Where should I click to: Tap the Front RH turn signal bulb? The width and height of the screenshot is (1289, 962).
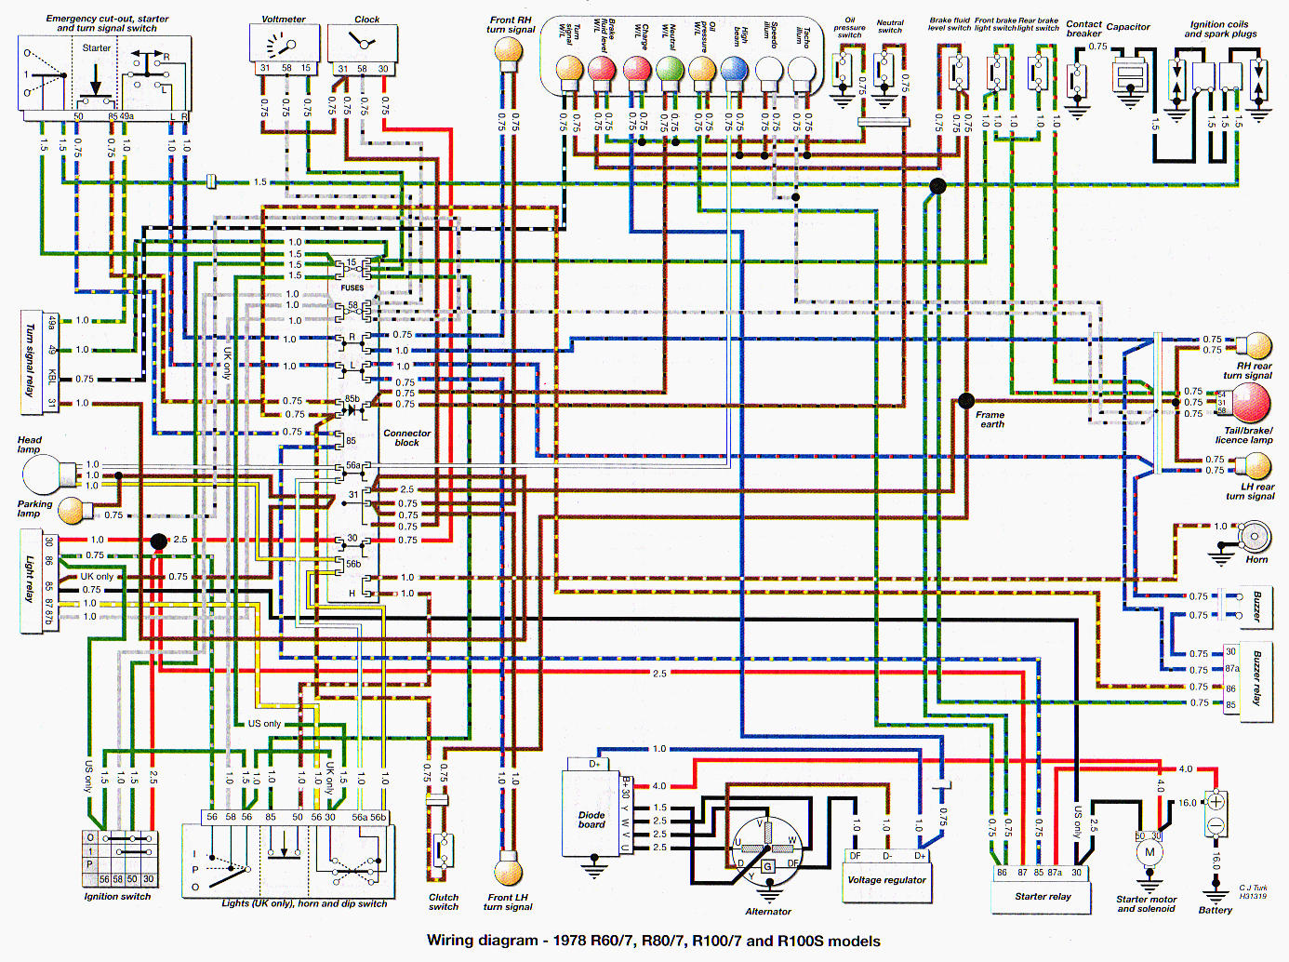click(x=509, y=51)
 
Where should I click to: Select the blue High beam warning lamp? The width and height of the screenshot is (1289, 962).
click(x=735, y=70)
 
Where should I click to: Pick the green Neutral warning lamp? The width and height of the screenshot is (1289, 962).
click(x=670, y=70)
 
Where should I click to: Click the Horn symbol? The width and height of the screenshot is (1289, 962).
click(x=1255, y=537)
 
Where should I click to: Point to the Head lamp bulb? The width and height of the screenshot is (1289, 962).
click(x=43, y=475)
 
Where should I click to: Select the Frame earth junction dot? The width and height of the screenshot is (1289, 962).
click(x=966, y=401)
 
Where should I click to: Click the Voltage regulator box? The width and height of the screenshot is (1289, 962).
click(x=886, y=880)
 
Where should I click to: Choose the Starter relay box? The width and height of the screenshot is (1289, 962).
click(x=1042, y=896)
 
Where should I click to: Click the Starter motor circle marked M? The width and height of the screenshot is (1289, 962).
click(x=1149, y=852)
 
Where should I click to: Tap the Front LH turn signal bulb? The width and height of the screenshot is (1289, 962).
click(x=508, y=872)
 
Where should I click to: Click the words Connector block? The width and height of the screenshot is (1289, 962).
click(x=406, y=438)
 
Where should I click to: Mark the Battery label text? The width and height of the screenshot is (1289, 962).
click(x=1215, y=910)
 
